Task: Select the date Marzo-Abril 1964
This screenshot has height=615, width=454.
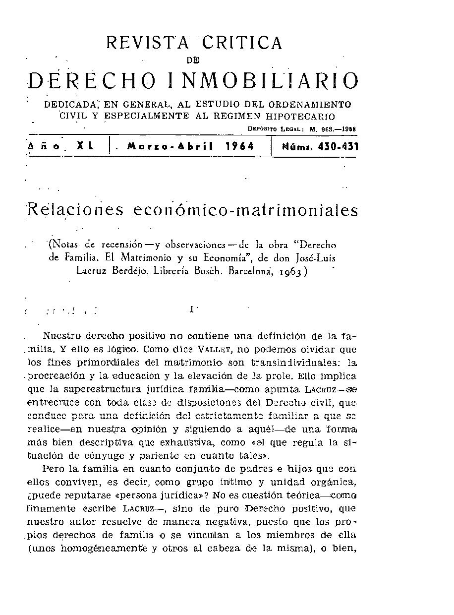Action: (x=191, y=147)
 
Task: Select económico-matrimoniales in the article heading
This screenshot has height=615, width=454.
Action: (x=245, y=210)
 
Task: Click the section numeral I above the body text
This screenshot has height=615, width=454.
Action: (x=191, y=310)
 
